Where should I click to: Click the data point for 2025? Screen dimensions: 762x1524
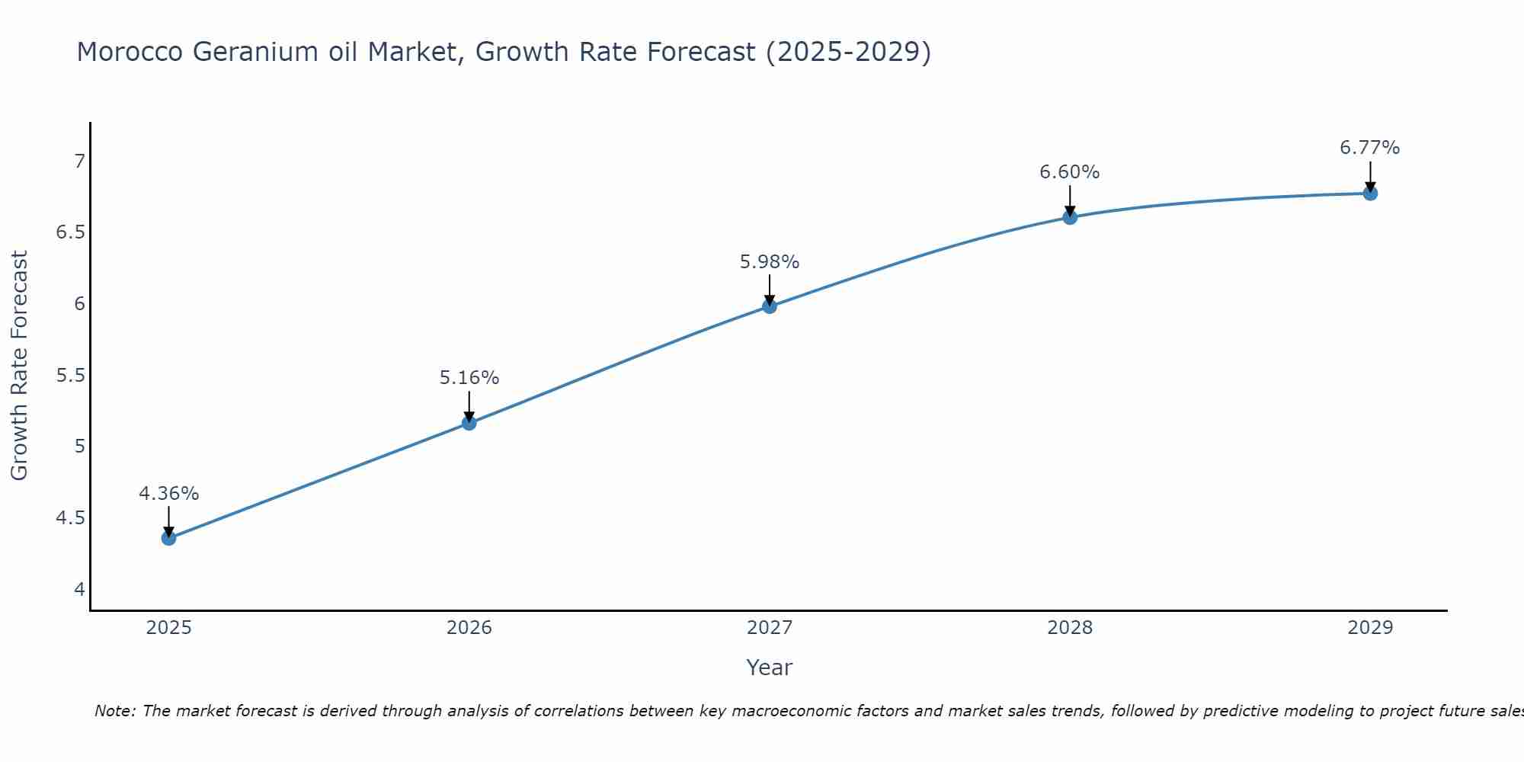coord(168,538)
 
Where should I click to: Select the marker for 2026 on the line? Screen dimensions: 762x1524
coord(469,423)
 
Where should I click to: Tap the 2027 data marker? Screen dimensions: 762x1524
coord(770,306)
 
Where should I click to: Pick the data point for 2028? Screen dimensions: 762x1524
coord(1070,217)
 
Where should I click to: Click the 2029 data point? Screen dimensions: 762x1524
coord(1370,194)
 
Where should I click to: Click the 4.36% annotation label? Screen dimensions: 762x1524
coord(168,494)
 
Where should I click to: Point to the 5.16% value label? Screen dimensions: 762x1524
coord(469,378)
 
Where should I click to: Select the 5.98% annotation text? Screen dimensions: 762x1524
coord(770,262)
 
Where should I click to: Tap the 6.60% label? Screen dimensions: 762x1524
coord(1070,172)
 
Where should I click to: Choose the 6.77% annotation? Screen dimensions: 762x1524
coord(1370,148)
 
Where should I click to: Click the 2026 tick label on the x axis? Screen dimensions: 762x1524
coord(469,628)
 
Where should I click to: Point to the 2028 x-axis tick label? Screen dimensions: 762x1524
coord(1070,628)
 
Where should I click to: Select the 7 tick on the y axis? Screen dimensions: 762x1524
coord(79,161)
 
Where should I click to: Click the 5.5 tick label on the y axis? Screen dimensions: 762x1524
coord(70,376)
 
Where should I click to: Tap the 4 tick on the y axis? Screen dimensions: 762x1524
coord(79,590)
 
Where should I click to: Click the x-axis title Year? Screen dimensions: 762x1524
coord(770,668)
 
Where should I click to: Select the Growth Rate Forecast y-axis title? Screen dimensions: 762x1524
coord(20,366)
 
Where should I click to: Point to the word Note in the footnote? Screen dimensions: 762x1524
coord(114,711)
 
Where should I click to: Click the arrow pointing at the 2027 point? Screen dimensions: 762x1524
coord(770,290)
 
